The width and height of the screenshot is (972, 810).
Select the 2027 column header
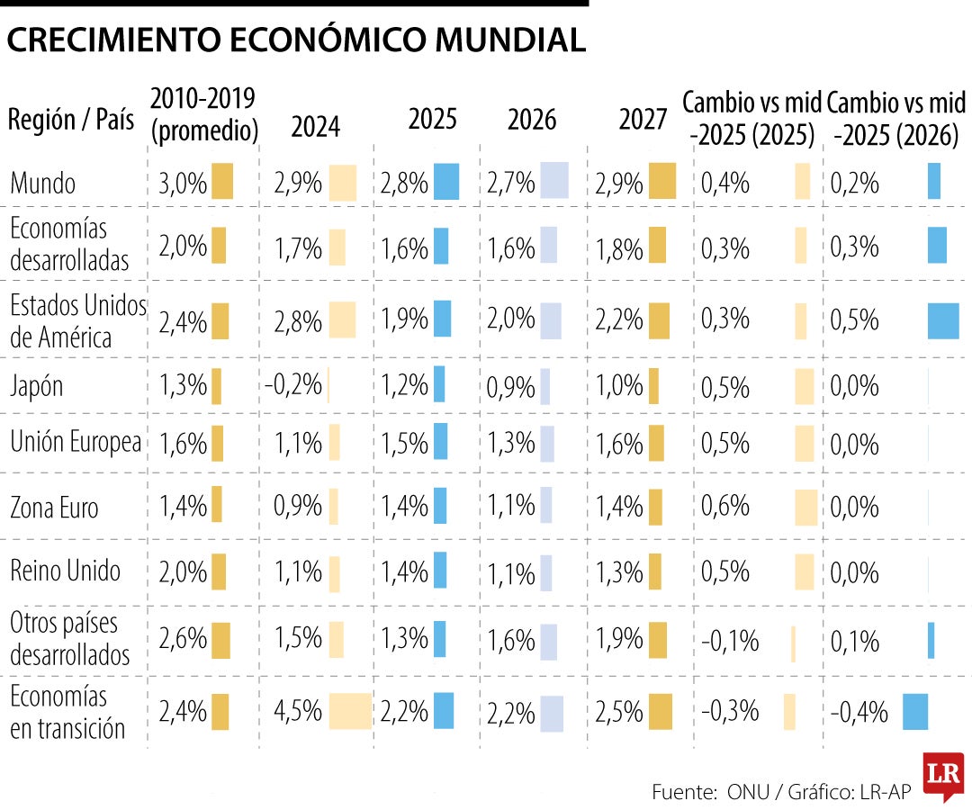pos(643,120)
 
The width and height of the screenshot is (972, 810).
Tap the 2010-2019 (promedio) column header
pos(203,113)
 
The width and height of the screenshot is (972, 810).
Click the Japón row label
pos(37,386)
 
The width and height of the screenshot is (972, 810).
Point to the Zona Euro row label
pos(54,508)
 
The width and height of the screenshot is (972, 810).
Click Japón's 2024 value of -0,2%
pos(293,384)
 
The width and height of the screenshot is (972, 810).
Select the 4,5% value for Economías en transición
pos(298,711)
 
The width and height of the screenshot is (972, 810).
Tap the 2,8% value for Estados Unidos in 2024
pos(298,319)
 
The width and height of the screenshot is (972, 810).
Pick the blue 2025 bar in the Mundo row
pos(446,182)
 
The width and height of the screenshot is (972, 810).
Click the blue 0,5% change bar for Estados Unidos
pos(943,321)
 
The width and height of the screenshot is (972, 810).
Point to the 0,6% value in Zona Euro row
pos(725,507)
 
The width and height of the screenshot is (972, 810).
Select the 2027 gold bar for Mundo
pos(661,182)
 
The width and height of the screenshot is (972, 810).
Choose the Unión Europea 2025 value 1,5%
pos(404,443)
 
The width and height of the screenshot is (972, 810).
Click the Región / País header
pos(70,120)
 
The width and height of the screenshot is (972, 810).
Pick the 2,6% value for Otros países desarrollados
pos(183,638)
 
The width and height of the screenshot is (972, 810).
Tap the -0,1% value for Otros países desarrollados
pos(730,642)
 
